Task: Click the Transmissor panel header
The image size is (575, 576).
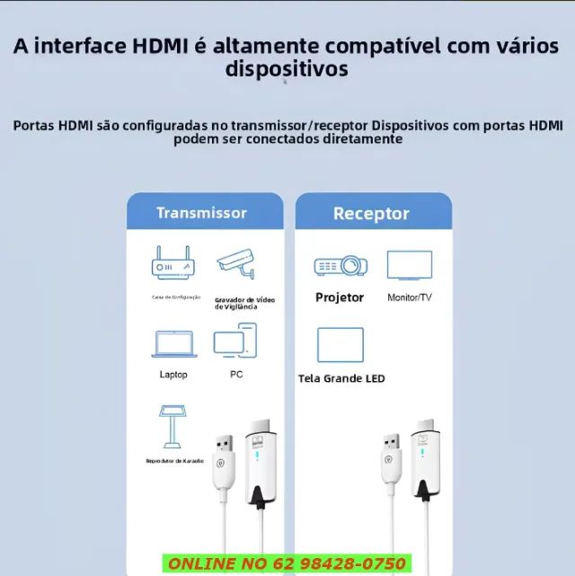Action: tap(201, 213)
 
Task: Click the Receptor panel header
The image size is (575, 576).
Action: tap(371, 214)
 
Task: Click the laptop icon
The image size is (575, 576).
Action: tap(173, 344)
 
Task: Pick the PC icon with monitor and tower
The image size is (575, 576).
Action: tap(235, 341)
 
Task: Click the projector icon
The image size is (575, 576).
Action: tap(340, 265)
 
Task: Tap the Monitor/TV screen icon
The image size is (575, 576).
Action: tap(410, 265)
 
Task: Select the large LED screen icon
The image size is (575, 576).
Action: tap(341, 345)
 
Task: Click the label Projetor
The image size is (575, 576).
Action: tap(340, 297)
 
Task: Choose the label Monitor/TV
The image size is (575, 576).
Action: tap(410, 297)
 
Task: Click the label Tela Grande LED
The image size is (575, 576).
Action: tap(341, 378)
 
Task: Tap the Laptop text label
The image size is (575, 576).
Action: tap(173, 375)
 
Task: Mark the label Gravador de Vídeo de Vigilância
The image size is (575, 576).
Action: tap(245, 303)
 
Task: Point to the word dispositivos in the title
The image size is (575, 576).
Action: tap(287, 69)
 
